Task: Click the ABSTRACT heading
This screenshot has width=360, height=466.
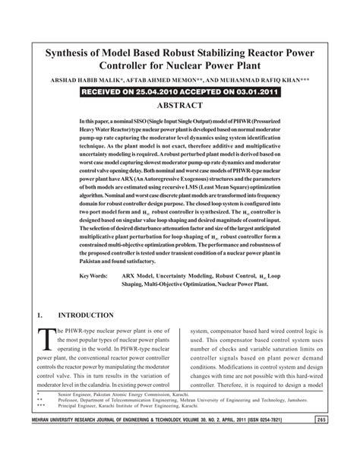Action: click(x=180, y=107)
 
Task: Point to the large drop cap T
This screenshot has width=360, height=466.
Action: click(x=45, y=340)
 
